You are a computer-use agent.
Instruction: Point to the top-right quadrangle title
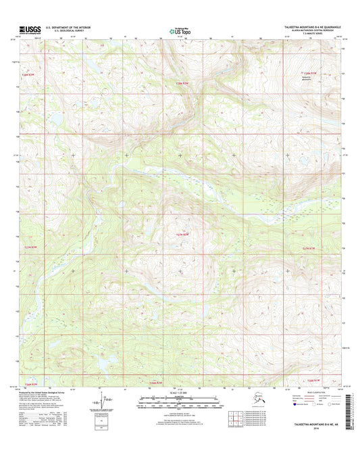[307, 27]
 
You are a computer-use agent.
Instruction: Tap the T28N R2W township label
[175, 82]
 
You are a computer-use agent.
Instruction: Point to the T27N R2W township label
[174, 234]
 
